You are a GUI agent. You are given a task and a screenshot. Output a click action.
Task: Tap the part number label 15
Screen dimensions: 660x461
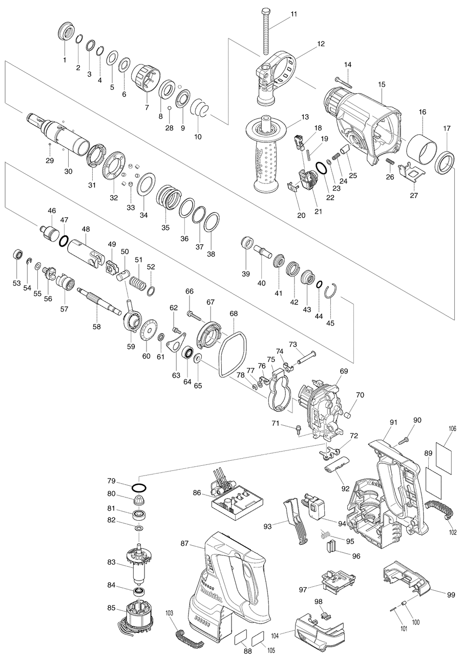(381, 84)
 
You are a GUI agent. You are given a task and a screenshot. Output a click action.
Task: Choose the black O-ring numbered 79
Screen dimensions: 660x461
(139, 487)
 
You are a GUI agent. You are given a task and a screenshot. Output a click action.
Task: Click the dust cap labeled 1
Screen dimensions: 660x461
(65, 33)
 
